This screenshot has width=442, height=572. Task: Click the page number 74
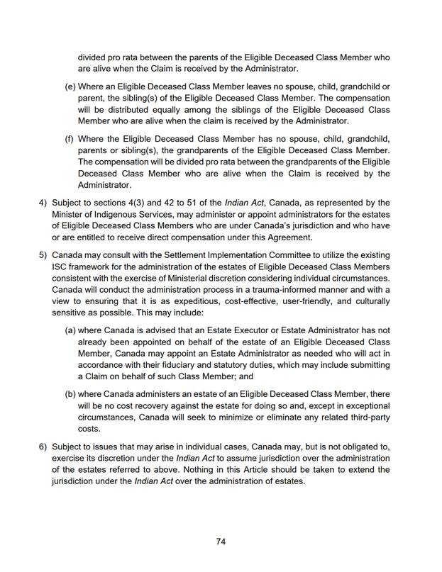click(221, 541)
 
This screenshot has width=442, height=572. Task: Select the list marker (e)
click(70, 86)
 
